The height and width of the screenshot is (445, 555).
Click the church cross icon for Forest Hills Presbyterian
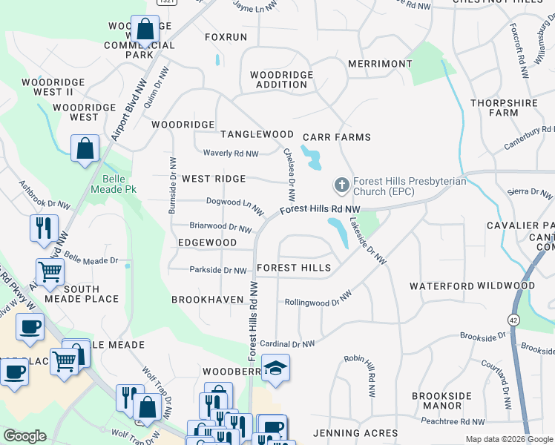[x=342, y=183]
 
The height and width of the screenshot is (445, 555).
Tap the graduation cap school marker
[x=275, y=369]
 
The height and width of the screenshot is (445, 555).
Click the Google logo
[x=25, y=436]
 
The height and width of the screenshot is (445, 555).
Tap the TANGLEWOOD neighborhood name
[x=257, y=134]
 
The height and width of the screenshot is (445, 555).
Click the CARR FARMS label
[x=337, y=137]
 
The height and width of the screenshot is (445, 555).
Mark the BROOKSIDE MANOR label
[x=437, y=400]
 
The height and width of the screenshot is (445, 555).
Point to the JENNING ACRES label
[x=355, y=432]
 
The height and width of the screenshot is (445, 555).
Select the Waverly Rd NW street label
[x=231, y=154]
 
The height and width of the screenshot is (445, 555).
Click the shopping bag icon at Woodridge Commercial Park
[x=146, y=30]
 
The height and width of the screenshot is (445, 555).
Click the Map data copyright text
[x=508, y=439]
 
